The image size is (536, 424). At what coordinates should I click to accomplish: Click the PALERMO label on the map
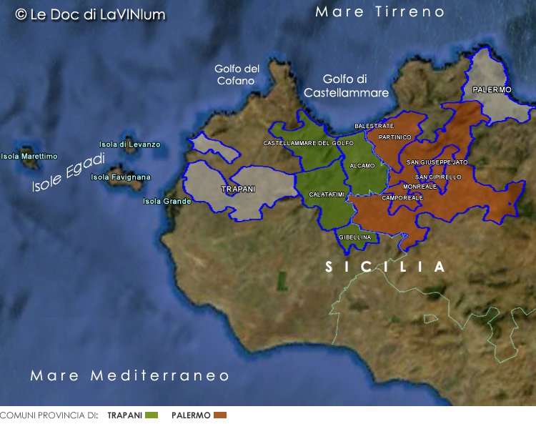tap(492, 89)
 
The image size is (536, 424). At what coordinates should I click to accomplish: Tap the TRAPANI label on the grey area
tap(239, 189)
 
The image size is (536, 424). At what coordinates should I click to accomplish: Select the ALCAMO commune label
tap(362, 166)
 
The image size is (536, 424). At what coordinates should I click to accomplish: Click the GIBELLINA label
tap(355, 237)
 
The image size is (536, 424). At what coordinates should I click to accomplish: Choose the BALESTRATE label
tap(374, 126)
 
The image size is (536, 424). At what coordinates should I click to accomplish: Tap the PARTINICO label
tap(395, 137)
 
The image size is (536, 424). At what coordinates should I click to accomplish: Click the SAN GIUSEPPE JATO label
tap(437, 162)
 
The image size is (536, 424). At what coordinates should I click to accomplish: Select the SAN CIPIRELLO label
tap(438, 177)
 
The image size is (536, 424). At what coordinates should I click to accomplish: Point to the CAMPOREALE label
tap(402, 197)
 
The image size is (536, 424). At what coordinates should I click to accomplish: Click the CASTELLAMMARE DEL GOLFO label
tap(308, 143)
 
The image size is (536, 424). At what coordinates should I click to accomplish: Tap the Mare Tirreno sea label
tap(379, 12)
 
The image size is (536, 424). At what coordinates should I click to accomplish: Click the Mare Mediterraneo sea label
tap(130, 375)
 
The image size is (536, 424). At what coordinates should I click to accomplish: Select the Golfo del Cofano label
tap(237, 75)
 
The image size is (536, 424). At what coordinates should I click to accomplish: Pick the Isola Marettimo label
tap(29, 156)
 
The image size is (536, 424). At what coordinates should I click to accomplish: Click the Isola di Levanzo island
tap(129, 142)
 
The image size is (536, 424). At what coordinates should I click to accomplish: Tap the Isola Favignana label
tap(121, 177)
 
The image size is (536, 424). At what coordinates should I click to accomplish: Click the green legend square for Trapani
tap(151, 415)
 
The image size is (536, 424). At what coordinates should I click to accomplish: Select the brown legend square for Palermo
tap(219, 415)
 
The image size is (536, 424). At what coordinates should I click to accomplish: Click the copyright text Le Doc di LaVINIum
tap(90, 14)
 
